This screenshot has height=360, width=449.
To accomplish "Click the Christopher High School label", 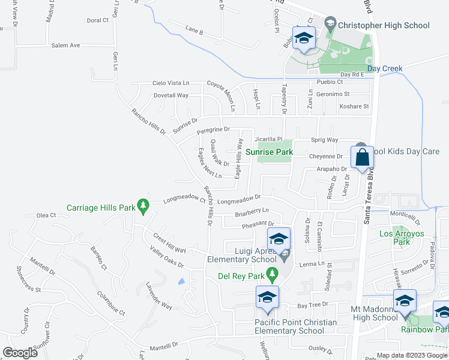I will [384, 25].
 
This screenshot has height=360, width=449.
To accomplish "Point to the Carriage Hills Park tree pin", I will [143, 206].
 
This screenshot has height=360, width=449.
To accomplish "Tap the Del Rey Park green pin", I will [273, 275].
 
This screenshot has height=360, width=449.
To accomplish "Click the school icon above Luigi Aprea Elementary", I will [279, 239].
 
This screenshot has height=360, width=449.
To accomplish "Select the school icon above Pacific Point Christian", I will [268, 298].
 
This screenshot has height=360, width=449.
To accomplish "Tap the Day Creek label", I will [385, 68].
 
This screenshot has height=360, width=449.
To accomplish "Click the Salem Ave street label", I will [65, 45].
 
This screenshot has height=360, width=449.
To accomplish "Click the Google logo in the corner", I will [20, 352].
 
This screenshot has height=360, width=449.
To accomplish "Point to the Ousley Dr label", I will [318, 349].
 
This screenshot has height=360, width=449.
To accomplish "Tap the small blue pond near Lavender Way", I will [181, 281].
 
